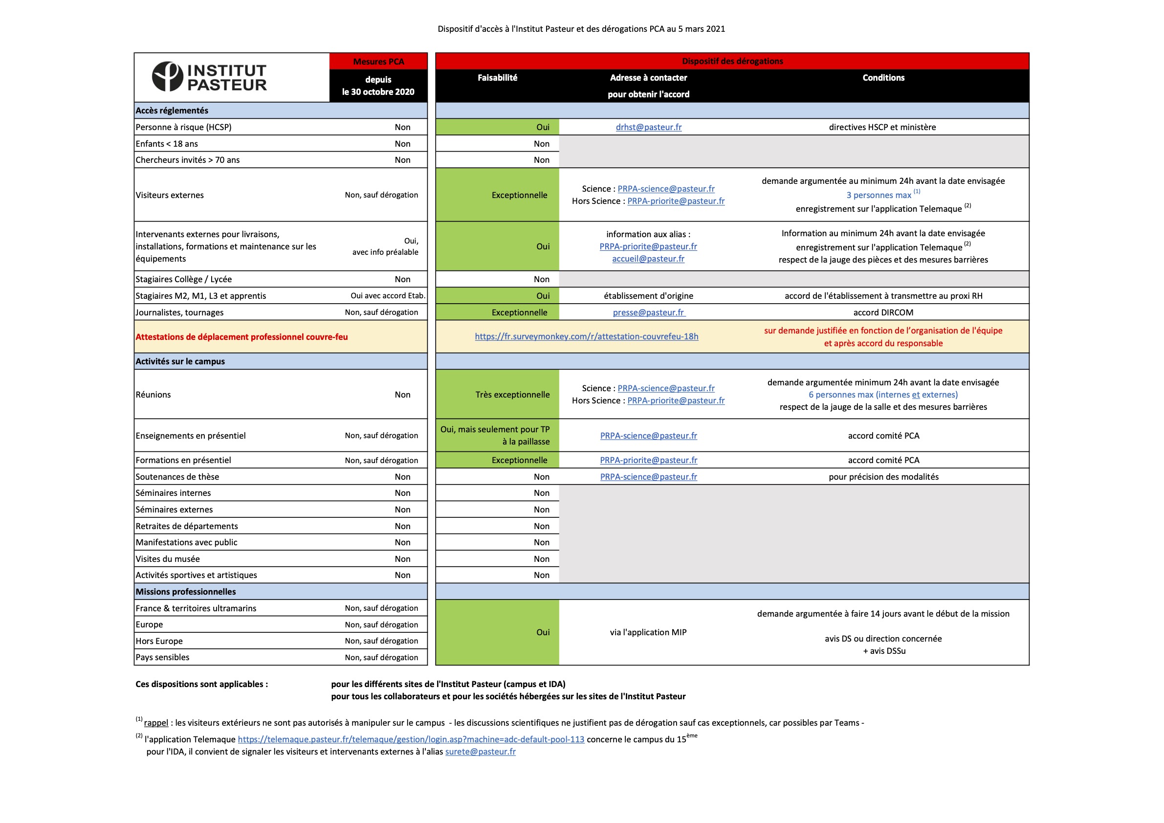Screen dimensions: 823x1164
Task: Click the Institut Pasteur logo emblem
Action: tap(167, 77)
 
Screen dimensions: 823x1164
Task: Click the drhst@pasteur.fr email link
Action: tap(648, 127)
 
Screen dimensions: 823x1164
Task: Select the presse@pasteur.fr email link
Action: tap(648, 312)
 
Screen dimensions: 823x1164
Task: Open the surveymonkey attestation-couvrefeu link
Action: tap(586, 336)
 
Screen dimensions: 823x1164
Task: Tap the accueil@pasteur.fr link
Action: tap(648, 259)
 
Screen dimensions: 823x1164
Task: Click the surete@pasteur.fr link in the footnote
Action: tap(480, 752)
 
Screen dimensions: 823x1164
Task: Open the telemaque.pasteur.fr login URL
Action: tap(411, 739)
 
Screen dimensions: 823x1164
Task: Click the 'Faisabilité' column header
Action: tap(497, 78)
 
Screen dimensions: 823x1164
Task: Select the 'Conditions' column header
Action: tap(883, 78)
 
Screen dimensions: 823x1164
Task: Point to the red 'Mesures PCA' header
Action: tap(378, 61)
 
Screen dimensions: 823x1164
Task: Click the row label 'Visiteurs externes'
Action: tap(169, 195)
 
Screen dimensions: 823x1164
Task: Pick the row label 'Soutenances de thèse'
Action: tap(177, 477)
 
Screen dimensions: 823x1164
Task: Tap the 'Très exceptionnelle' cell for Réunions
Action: tap(512, 395)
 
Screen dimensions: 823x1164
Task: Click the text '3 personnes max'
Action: tap(878, 195)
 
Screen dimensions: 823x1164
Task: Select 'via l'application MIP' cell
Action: tap(648, 632)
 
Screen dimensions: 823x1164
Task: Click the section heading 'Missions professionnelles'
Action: tap(186, 592)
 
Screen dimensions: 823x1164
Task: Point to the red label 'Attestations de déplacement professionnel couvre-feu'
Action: tap(242, 337)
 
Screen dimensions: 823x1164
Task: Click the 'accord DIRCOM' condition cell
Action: tap(883, 312)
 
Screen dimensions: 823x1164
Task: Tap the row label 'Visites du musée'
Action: tap(167, 559)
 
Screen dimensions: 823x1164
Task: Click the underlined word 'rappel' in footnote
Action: tap(155, 723)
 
